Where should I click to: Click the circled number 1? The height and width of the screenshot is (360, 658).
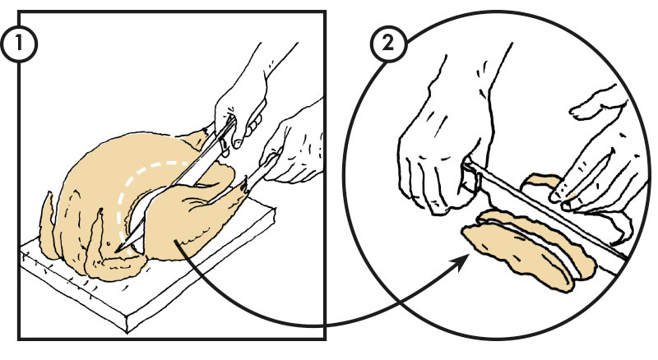pyautogui.click(x=19, y=44)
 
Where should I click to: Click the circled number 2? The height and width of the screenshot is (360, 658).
pyautogui.click(x=388, y=44)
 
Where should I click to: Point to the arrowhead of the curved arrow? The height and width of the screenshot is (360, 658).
pyautogui.click(x=461, y=262)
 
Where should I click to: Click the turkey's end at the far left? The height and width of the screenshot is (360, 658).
pyautogui.click(x=46, y=227)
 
